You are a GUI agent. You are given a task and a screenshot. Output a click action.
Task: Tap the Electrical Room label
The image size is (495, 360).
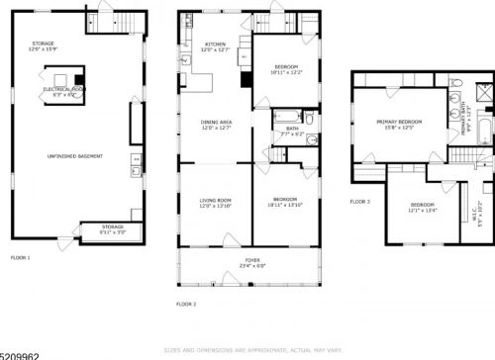[63, 89]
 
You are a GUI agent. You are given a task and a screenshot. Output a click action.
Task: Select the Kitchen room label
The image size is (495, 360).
[216, 45]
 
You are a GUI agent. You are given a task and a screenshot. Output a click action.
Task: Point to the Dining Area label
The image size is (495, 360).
[216, 123]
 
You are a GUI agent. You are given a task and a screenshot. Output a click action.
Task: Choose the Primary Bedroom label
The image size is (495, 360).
[400, 122]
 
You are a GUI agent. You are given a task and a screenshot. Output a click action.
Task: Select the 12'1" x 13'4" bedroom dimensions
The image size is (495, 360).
[423, 211]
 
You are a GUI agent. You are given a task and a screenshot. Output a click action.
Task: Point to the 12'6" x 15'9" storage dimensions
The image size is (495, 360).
[43, 49]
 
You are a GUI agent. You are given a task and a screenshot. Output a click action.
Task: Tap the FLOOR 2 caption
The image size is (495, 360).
[186, 304]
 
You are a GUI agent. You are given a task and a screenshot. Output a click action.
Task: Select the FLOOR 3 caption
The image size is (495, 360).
[359, 201]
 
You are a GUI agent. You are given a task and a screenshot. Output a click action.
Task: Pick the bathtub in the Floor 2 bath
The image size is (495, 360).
[283, 116]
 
